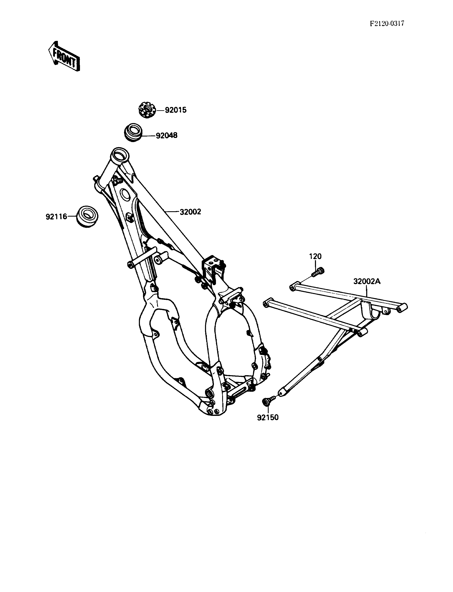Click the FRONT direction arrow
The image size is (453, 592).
click(64, 56)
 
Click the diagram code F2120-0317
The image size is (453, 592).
click(387, 24)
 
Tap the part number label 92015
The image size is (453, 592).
click(175, 110)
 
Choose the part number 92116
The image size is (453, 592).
click(56, 216)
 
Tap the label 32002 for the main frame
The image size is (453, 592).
click(190, 212)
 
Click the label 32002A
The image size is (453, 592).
click(367, 282)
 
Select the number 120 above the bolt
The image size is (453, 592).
click(315, 256)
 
